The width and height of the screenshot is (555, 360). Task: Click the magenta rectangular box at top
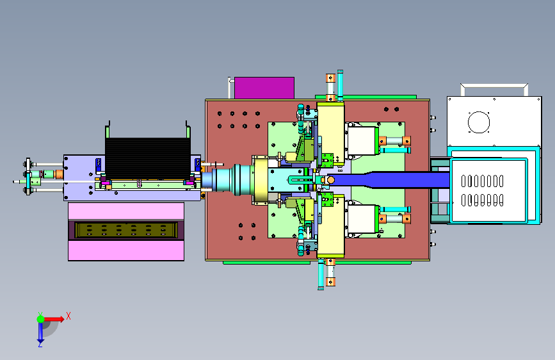(x=264, y=88)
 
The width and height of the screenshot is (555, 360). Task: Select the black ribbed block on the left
(x=148, y=158)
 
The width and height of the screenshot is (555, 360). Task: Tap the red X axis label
(x=68, y=316)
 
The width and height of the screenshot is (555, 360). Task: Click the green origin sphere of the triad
(x=41, y=319)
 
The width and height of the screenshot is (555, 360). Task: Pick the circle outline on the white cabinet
(x=479, y=122)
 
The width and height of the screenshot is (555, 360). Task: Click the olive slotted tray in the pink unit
(x=126, y=230)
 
